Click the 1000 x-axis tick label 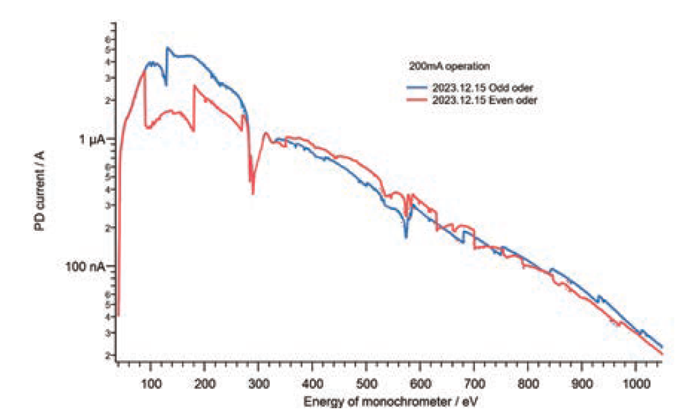coord(635,382)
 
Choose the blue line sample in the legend coord(418,88)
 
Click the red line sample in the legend coord(418,100)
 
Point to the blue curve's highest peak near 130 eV coord(167,48)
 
